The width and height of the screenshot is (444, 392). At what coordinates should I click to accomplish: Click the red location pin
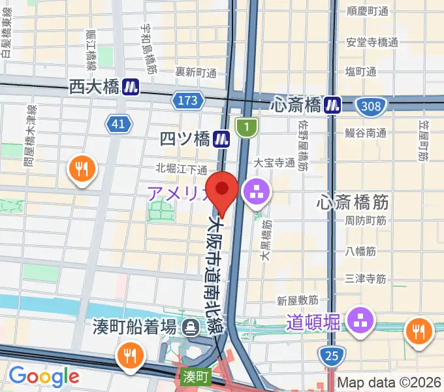coord(222,189)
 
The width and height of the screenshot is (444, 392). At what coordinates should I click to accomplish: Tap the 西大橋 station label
coord(95,87)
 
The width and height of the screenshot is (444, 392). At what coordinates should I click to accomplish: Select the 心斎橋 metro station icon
coord(334,104)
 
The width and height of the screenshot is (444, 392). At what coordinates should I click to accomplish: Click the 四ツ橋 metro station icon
coord(223,139)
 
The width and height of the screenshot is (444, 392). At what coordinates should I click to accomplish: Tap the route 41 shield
coord(118,123)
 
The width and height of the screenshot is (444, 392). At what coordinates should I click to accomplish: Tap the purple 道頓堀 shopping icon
coord(360,320)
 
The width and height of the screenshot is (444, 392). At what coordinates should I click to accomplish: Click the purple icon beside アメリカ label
coord(253,192)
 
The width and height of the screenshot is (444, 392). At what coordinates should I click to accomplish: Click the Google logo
coord(43,376)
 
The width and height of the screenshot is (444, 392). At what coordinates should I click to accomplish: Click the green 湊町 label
coord(195,377)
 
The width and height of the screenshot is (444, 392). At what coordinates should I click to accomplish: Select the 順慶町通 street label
coord(368,11)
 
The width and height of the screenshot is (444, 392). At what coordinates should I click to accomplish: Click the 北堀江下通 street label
coord(181,169)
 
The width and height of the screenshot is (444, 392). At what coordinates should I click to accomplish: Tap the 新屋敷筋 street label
coord(297,301)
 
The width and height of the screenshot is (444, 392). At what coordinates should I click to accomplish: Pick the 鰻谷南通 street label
coord(366,133)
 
